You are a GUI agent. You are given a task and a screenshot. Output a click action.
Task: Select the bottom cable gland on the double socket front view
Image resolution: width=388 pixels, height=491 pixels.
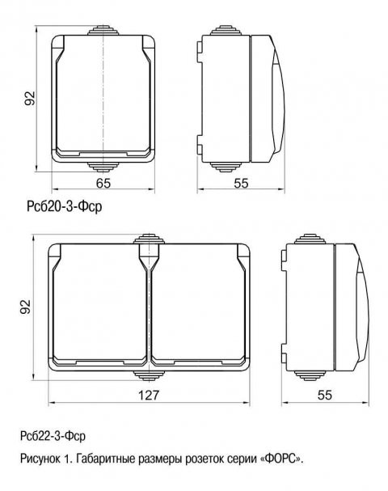pos(149,375)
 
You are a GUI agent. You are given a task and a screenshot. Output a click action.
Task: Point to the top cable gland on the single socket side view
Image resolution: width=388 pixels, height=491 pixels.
pos(224,30)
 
